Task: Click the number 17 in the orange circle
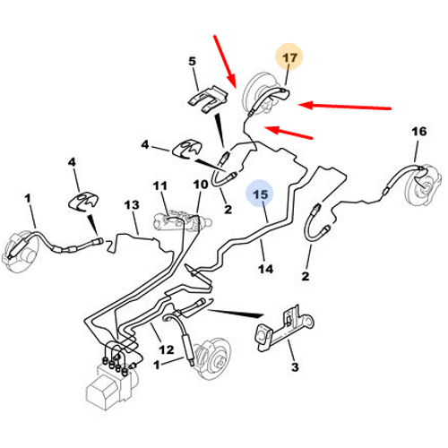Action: click(289, 57)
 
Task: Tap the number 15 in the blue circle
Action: click(260, 194)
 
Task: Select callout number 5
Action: click(192, 61)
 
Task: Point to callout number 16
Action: click(419, 131)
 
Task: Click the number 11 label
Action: click(159, 185)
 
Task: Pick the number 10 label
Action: click(201, 185)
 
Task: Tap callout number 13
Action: click(132, 205)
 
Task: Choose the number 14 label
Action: click(265, 269)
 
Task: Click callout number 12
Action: click(166, 349)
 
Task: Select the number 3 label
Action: click(295, 366)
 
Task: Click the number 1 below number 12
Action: click(157, 365)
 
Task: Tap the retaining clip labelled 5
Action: click(208, 99)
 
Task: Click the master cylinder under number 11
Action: click(182, 221)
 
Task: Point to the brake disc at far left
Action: click(20, 251)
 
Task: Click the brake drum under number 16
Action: click(424, 185)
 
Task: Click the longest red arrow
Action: click(345, 107)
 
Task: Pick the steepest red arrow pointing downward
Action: click(225, 61)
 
